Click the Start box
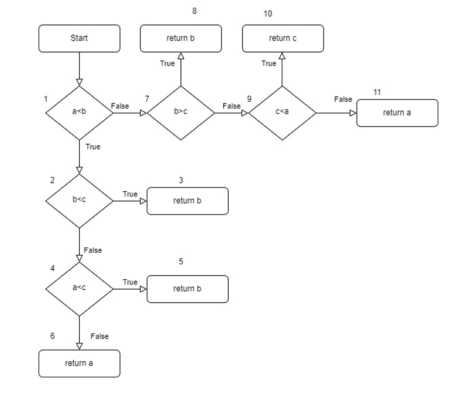point(79,38)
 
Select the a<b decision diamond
point(79,113)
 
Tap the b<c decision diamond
point(79,200)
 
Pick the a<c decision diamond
point(79,289)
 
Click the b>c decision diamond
point(180,113)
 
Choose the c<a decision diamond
point(282,113)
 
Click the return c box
point(282,38)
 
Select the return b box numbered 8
point(180,38)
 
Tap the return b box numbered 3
point(187,201)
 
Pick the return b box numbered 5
point(187,289)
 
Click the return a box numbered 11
point(397,113)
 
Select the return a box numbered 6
point(79,363)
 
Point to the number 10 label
point(268,14)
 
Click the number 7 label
point(147,99)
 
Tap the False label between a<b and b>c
point(120,106)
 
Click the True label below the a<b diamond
point(93,147)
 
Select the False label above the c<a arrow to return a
point(343,99)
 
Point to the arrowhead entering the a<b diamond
point(79,82)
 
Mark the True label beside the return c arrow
point(269,63)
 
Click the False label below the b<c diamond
point(93,250)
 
